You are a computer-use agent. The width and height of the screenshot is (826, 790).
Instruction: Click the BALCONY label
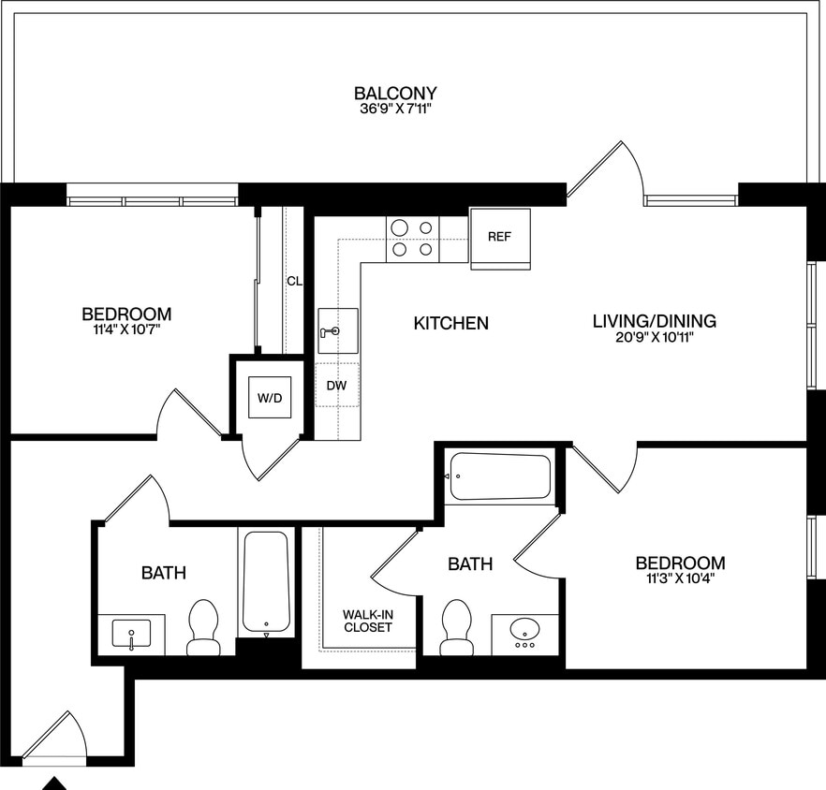coord(395,94)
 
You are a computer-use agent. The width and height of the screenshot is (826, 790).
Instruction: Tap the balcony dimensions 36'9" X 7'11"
coord(395,110)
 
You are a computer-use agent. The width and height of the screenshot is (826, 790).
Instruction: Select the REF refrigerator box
coord(499,237)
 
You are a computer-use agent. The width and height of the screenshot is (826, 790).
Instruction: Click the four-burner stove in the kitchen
coord(413,239)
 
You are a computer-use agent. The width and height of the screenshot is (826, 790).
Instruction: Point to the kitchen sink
coord(337,330)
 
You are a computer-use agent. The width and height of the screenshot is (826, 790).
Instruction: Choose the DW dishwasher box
coord(337,385)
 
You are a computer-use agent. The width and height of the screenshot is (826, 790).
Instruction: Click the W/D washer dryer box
coord(270,398)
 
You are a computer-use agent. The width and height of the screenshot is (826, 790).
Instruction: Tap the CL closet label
coord(294,280)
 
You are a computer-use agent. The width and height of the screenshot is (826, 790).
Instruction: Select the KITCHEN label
coord(451,323)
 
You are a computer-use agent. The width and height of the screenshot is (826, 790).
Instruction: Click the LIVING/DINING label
coord(655,321)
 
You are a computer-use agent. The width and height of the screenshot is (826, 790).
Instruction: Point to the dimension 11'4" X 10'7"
coord(126,329)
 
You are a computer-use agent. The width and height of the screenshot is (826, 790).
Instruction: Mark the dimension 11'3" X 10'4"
coord(680,578)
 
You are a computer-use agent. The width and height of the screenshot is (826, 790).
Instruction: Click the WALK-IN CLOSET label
coord(367,621)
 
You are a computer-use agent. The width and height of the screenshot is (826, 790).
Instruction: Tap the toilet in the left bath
coord(203,627)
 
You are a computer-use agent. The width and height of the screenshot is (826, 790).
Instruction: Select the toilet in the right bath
coord(456,627)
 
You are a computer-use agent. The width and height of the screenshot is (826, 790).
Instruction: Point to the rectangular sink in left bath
coord(132,635)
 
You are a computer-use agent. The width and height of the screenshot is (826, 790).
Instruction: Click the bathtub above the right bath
coord(499,477)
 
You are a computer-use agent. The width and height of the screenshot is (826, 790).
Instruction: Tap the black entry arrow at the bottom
coord(55,783)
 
